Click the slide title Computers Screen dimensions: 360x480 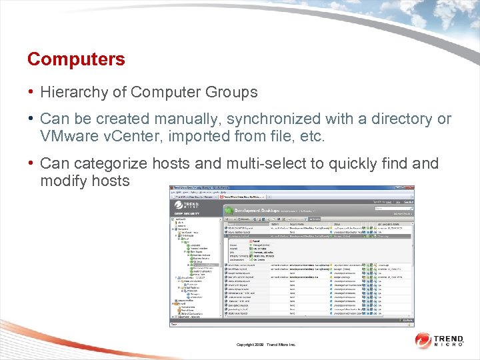point(76,59)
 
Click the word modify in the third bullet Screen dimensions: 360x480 point(63,181)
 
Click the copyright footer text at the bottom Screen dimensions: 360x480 point(266,345)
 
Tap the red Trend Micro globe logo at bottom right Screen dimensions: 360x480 point(424,341)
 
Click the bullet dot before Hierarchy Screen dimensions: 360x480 point(31,92)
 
